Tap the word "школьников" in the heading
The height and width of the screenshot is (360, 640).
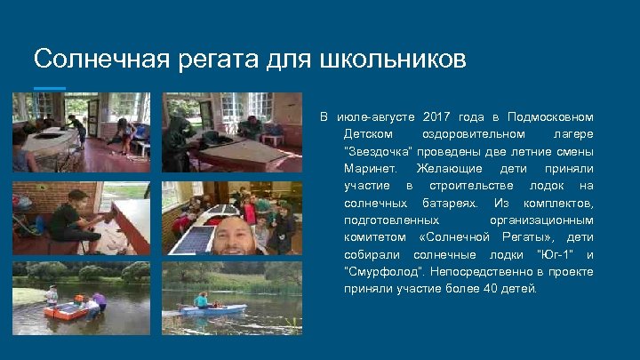click(391, 60)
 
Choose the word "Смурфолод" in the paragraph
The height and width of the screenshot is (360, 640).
click(374, 272)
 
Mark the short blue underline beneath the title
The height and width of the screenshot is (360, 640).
click(49, 87)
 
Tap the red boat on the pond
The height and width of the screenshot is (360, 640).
click(69, 310)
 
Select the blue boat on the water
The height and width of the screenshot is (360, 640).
click(212, 309)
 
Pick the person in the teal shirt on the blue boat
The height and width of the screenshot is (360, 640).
click(202, 300)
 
